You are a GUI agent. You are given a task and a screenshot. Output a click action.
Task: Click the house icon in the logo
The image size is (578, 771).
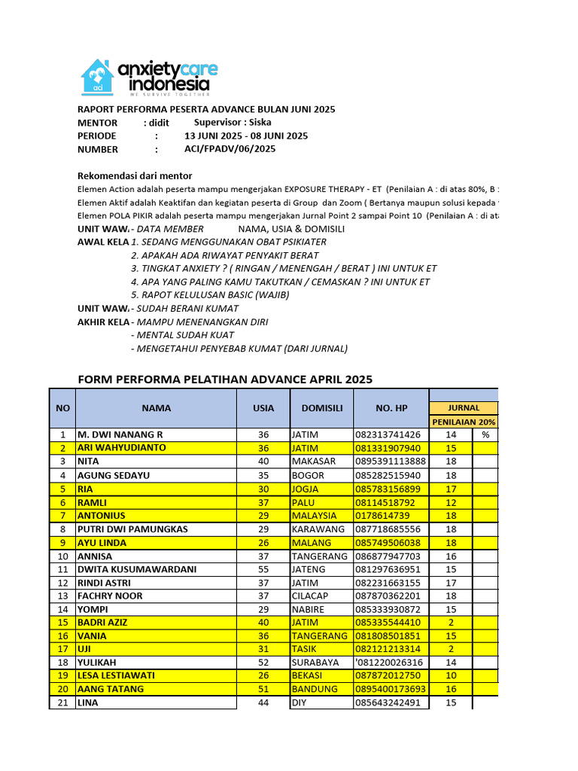point(97,77)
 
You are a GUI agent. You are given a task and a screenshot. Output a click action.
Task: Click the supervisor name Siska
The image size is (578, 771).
point(260,122)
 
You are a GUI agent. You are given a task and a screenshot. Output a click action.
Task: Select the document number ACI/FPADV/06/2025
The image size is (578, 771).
point(230,149)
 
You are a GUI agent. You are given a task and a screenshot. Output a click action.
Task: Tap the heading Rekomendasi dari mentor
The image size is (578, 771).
point(135,175)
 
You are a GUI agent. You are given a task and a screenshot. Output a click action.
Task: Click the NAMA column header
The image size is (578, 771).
point(156,408)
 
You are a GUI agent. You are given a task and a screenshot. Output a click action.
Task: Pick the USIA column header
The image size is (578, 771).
point(263,408)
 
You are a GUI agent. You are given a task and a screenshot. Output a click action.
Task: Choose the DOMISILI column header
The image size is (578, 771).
point(321,408)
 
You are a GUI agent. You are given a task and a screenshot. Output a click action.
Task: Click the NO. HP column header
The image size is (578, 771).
point(391,408)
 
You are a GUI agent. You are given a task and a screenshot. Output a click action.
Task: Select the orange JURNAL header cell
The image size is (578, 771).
point(464,408)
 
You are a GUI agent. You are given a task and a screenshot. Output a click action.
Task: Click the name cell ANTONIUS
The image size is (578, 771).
point(102,516)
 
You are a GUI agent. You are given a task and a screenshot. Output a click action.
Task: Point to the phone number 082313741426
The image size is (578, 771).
point(388,434)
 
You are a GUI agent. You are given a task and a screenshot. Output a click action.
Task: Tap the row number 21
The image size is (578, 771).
point(62,703)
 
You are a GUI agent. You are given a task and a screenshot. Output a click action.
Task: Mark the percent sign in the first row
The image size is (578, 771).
point(485,434)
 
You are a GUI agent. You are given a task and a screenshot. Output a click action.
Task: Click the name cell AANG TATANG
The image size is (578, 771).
point(111,690)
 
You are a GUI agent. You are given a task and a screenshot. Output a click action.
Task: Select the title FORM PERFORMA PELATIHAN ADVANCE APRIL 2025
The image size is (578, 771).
point(225,379)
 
